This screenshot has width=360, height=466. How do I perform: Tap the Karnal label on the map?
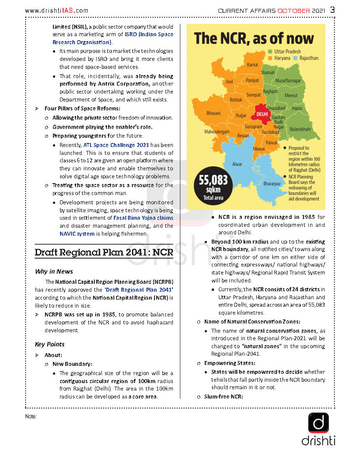tap(252, 65)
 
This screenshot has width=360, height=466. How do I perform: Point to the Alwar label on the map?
tap(237, 164)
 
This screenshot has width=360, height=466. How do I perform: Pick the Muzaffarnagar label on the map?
tap(288, 81)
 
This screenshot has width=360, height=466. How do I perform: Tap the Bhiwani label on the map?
tap(214, 113)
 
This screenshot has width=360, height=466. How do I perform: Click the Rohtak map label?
tap(236, 100)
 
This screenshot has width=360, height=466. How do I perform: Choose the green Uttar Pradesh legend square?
tap(270, 52)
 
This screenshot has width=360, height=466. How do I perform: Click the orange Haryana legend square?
tap(270, 58)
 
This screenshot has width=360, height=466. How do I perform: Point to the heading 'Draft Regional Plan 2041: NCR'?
tap(104, 252)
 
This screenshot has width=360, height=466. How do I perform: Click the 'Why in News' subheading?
tap(54, 271)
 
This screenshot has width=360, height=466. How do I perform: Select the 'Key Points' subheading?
tap(49, 344)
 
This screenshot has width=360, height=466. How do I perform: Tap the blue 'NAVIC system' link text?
tap(77, 234)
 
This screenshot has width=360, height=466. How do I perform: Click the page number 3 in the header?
tap(333, 10)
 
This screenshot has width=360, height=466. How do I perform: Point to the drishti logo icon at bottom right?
tap(319, 423)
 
